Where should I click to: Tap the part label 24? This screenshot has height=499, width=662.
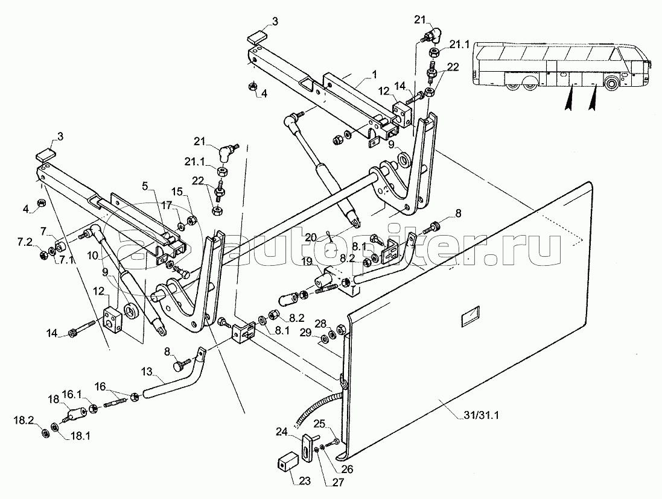pos(282,431)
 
